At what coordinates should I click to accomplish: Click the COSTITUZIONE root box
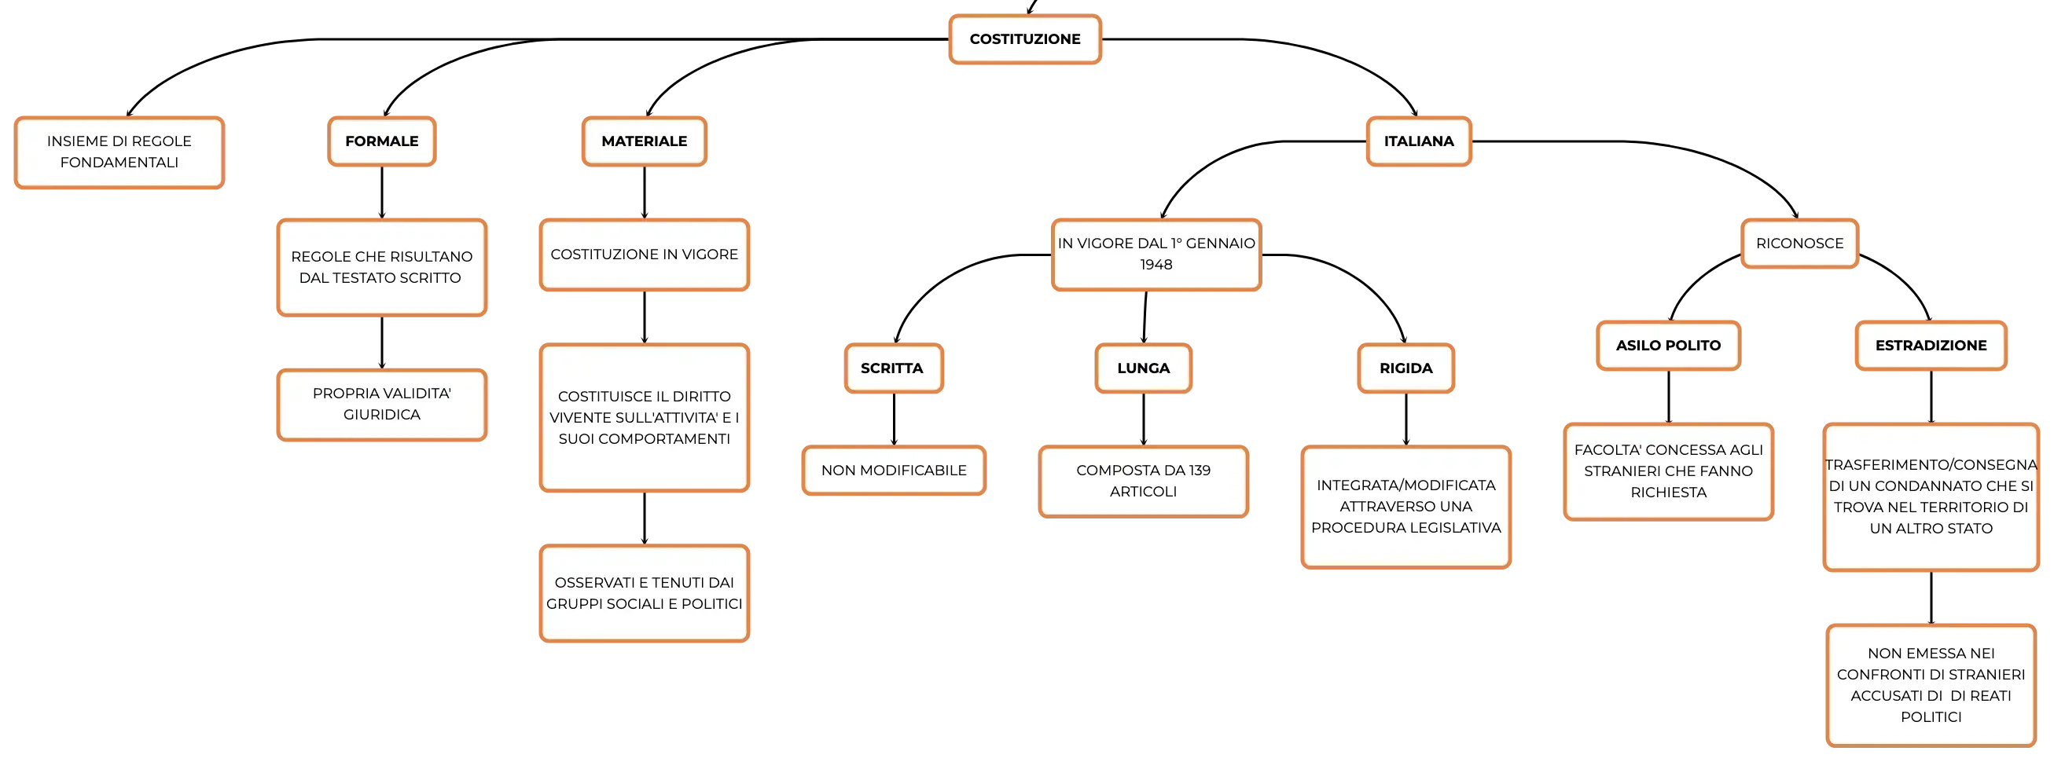(1024, 39)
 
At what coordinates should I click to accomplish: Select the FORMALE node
(382, 141)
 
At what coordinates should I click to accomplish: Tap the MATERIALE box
(645, 141)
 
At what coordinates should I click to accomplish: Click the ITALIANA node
(1419, 141)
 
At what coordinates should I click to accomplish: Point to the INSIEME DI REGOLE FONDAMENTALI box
(119, 152)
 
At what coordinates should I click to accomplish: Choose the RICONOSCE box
(1799, 243)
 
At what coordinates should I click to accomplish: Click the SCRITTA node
(894, 368)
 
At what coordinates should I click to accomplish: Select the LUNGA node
(1144, 368)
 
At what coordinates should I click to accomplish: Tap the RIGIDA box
(1405, 368)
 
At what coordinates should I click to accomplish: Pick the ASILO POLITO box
(1668, 345)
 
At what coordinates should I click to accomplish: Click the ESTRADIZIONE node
(1931, 345)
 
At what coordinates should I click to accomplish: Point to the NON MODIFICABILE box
(894, 471)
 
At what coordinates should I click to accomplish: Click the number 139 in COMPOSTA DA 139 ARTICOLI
(1200, 471)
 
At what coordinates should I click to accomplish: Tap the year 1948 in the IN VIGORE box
(1156, 265)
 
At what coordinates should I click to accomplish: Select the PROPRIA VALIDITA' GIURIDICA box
(382, 404)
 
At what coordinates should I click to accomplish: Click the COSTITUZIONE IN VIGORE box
(645, 255)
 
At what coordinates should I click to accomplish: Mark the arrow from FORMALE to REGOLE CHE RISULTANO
(382, 192)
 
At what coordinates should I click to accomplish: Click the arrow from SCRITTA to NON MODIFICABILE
(894, 419)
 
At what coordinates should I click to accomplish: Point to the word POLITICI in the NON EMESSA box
(1931, 717)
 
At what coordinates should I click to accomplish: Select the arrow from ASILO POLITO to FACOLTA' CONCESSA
(1668, 396)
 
